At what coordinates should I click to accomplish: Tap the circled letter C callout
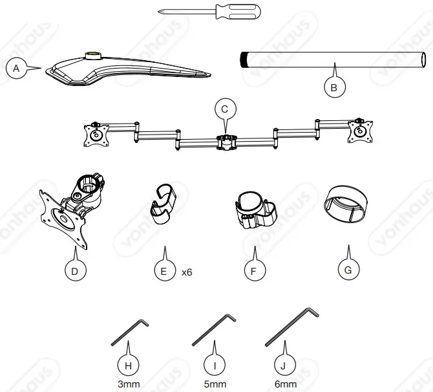[x=224, y=109]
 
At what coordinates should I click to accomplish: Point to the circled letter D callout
[x=75, y=271]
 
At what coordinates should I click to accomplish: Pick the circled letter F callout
[x=254, y=271]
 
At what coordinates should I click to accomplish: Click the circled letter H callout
[x=129, y=364]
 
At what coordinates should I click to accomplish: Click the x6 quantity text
[x=187, y=272]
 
